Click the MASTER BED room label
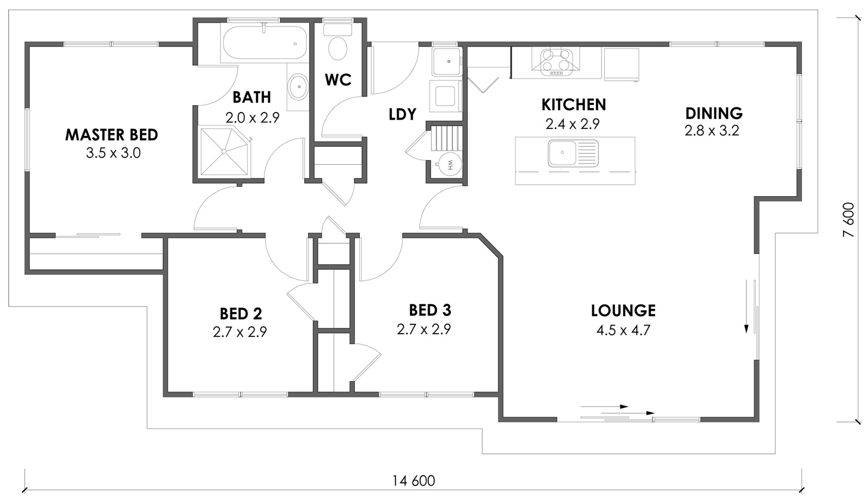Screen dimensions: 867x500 click(x=112, y=135)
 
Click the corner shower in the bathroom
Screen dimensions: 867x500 click(x=225, y=151)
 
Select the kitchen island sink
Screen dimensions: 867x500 click(x=573, y=153)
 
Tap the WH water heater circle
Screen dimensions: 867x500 click(x=449, y=164)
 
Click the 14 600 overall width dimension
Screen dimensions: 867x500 click(x=413, y=480)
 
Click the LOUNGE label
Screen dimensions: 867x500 click(x=623, y=310)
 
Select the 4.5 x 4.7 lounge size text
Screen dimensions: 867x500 click(x=623, y=330)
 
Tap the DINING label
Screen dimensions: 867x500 click(x=714, y=113)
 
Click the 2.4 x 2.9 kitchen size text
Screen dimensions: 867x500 click(x=573, y=124)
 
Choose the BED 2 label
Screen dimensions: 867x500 click(x=241, y=314)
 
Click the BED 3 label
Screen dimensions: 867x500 click(x=430, y=310)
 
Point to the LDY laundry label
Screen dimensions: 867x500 click(x=402, y=114)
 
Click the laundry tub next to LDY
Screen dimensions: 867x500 click(x=447, y=62)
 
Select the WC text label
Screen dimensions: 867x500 click(x=338, y=80)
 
